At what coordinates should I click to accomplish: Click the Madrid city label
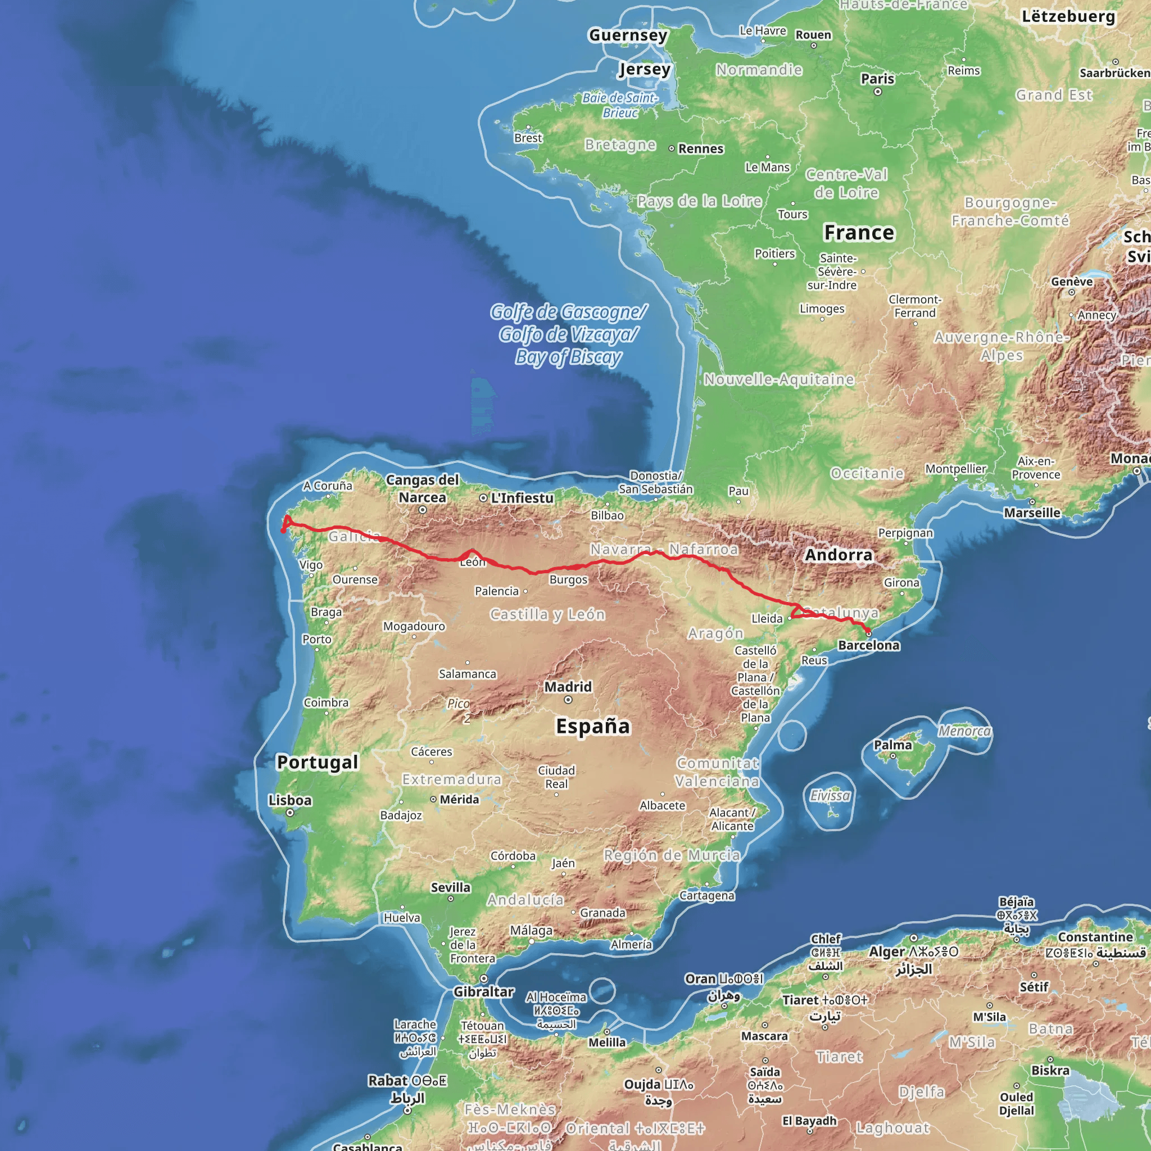pos(568,686)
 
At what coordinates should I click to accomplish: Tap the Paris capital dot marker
pos(877,92)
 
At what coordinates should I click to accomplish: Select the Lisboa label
pos(289,800)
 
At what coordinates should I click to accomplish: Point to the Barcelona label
pos(869,645)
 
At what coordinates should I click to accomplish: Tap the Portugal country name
pos(318,762)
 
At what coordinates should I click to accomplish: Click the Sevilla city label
pos(450,887)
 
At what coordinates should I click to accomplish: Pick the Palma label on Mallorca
pos(892,745)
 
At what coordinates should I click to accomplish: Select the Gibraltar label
pos(483,991)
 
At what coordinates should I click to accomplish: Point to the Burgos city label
pos(568,579)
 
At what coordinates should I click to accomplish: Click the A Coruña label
pos(328,486)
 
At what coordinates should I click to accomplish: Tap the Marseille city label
pos(1032,513)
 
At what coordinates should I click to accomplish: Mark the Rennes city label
pos(701,148)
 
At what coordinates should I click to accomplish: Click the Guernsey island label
pos(628,35)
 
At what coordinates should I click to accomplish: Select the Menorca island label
pos(964,731)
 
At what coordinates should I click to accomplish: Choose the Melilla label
pos(607,1042)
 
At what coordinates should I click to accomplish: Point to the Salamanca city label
pos(467,674)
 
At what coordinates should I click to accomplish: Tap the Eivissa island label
pos(830,795)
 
